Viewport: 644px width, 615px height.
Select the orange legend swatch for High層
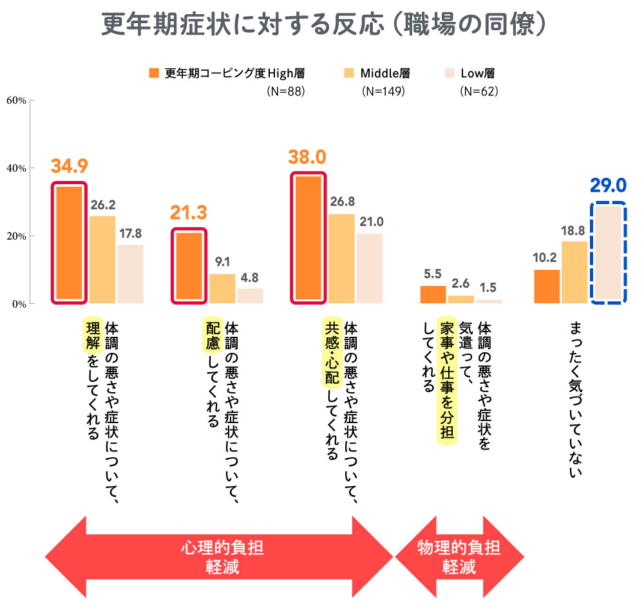click(x=153, y=73)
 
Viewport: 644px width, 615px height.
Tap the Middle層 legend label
click(x=385, y=73)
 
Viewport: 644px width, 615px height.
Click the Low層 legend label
click(x=478, y=73)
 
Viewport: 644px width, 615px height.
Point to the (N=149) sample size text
click(x=384, y=91)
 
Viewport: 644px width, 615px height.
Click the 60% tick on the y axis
click(x=15, y=100)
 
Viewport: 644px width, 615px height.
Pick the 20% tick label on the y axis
click(x=15, y=236)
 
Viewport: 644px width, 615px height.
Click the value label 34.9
click(x=70, y=166)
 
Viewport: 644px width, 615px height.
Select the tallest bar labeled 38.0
click(x=308, y=238)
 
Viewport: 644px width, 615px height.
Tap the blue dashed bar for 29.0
click(x=608, y=253)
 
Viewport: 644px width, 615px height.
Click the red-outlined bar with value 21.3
click(x=189, y=266)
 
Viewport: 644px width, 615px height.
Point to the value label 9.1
click(x=222, y=262)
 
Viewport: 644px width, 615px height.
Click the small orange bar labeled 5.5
click(x=433, y=294)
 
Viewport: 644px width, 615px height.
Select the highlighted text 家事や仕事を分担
click(x=446, y=381)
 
